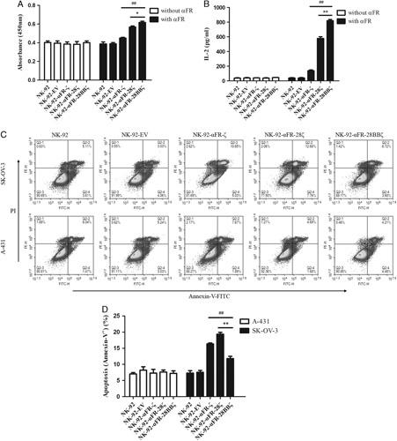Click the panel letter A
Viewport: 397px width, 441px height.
pos(7,7)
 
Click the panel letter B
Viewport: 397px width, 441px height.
pos(209,7)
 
